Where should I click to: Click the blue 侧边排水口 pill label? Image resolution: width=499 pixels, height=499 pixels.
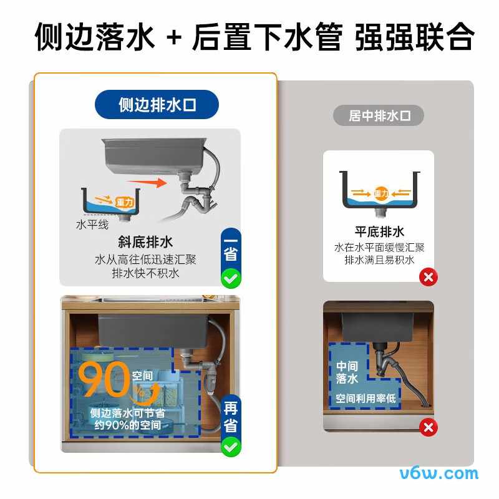coord(157,104)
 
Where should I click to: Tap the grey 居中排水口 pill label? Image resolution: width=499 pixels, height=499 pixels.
coord(379,115)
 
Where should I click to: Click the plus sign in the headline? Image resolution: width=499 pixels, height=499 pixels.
coord(174,38)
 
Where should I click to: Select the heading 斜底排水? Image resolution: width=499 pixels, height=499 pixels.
coord(145,242)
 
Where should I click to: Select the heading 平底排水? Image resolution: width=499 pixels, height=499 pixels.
coord(379,231)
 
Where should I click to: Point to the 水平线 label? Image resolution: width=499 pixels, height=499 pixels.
coord(92,225)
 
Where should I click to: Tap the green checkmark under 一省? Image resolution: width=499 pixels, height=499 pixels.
coord(231,278)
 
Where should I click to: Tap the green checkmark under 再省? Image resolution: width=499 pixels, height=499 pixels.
coord(231,447)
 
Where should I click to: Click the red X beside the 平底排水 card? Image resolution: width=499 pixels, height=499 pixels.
coord(429,277)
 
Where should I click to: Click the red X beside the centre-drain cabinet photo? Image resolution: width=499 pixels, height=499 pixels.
coord(429,427)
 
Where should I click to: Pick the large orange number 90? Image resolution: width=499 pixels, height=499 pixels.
coord(104,379)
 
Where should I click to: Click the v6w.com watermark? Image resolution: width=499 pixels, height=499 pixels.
coord(439,473)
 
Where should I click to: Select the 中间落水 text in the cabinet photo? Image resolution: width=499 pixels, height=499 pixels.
coord(347,372)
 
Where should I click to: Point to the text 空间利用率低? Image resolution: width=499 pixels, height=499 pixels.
coord(366,398)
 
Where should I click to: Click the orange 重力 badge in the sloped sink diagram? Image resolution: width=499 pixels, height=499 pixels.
coord(124,202)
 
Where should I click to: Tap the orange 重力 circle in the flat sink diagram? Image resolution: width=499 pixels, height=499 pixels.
coord(381,193)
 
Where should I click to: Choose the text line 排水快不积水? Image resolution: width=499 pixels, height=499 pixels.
coord(145,273)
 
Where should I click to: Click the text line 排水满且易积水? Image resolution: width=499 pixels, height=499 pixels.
coord(379,259)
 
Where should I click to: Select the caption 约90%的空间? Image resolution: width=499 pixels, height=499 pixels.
coord(128,425)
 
